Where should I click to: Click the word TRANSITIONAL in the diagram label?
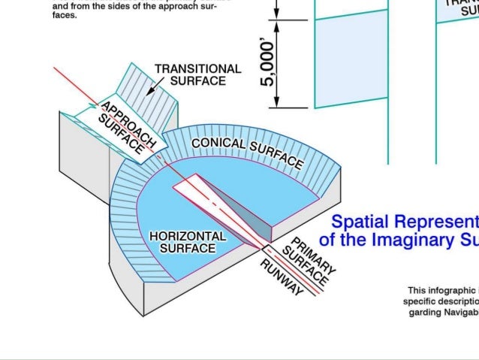pyautogui.click(x=197, y=68)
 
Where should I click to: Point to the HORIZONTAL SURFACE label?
pyautogui.click(x=188, y=241)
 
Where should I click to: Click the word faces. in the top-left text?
pyautogui.click(x=65, y=15)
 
